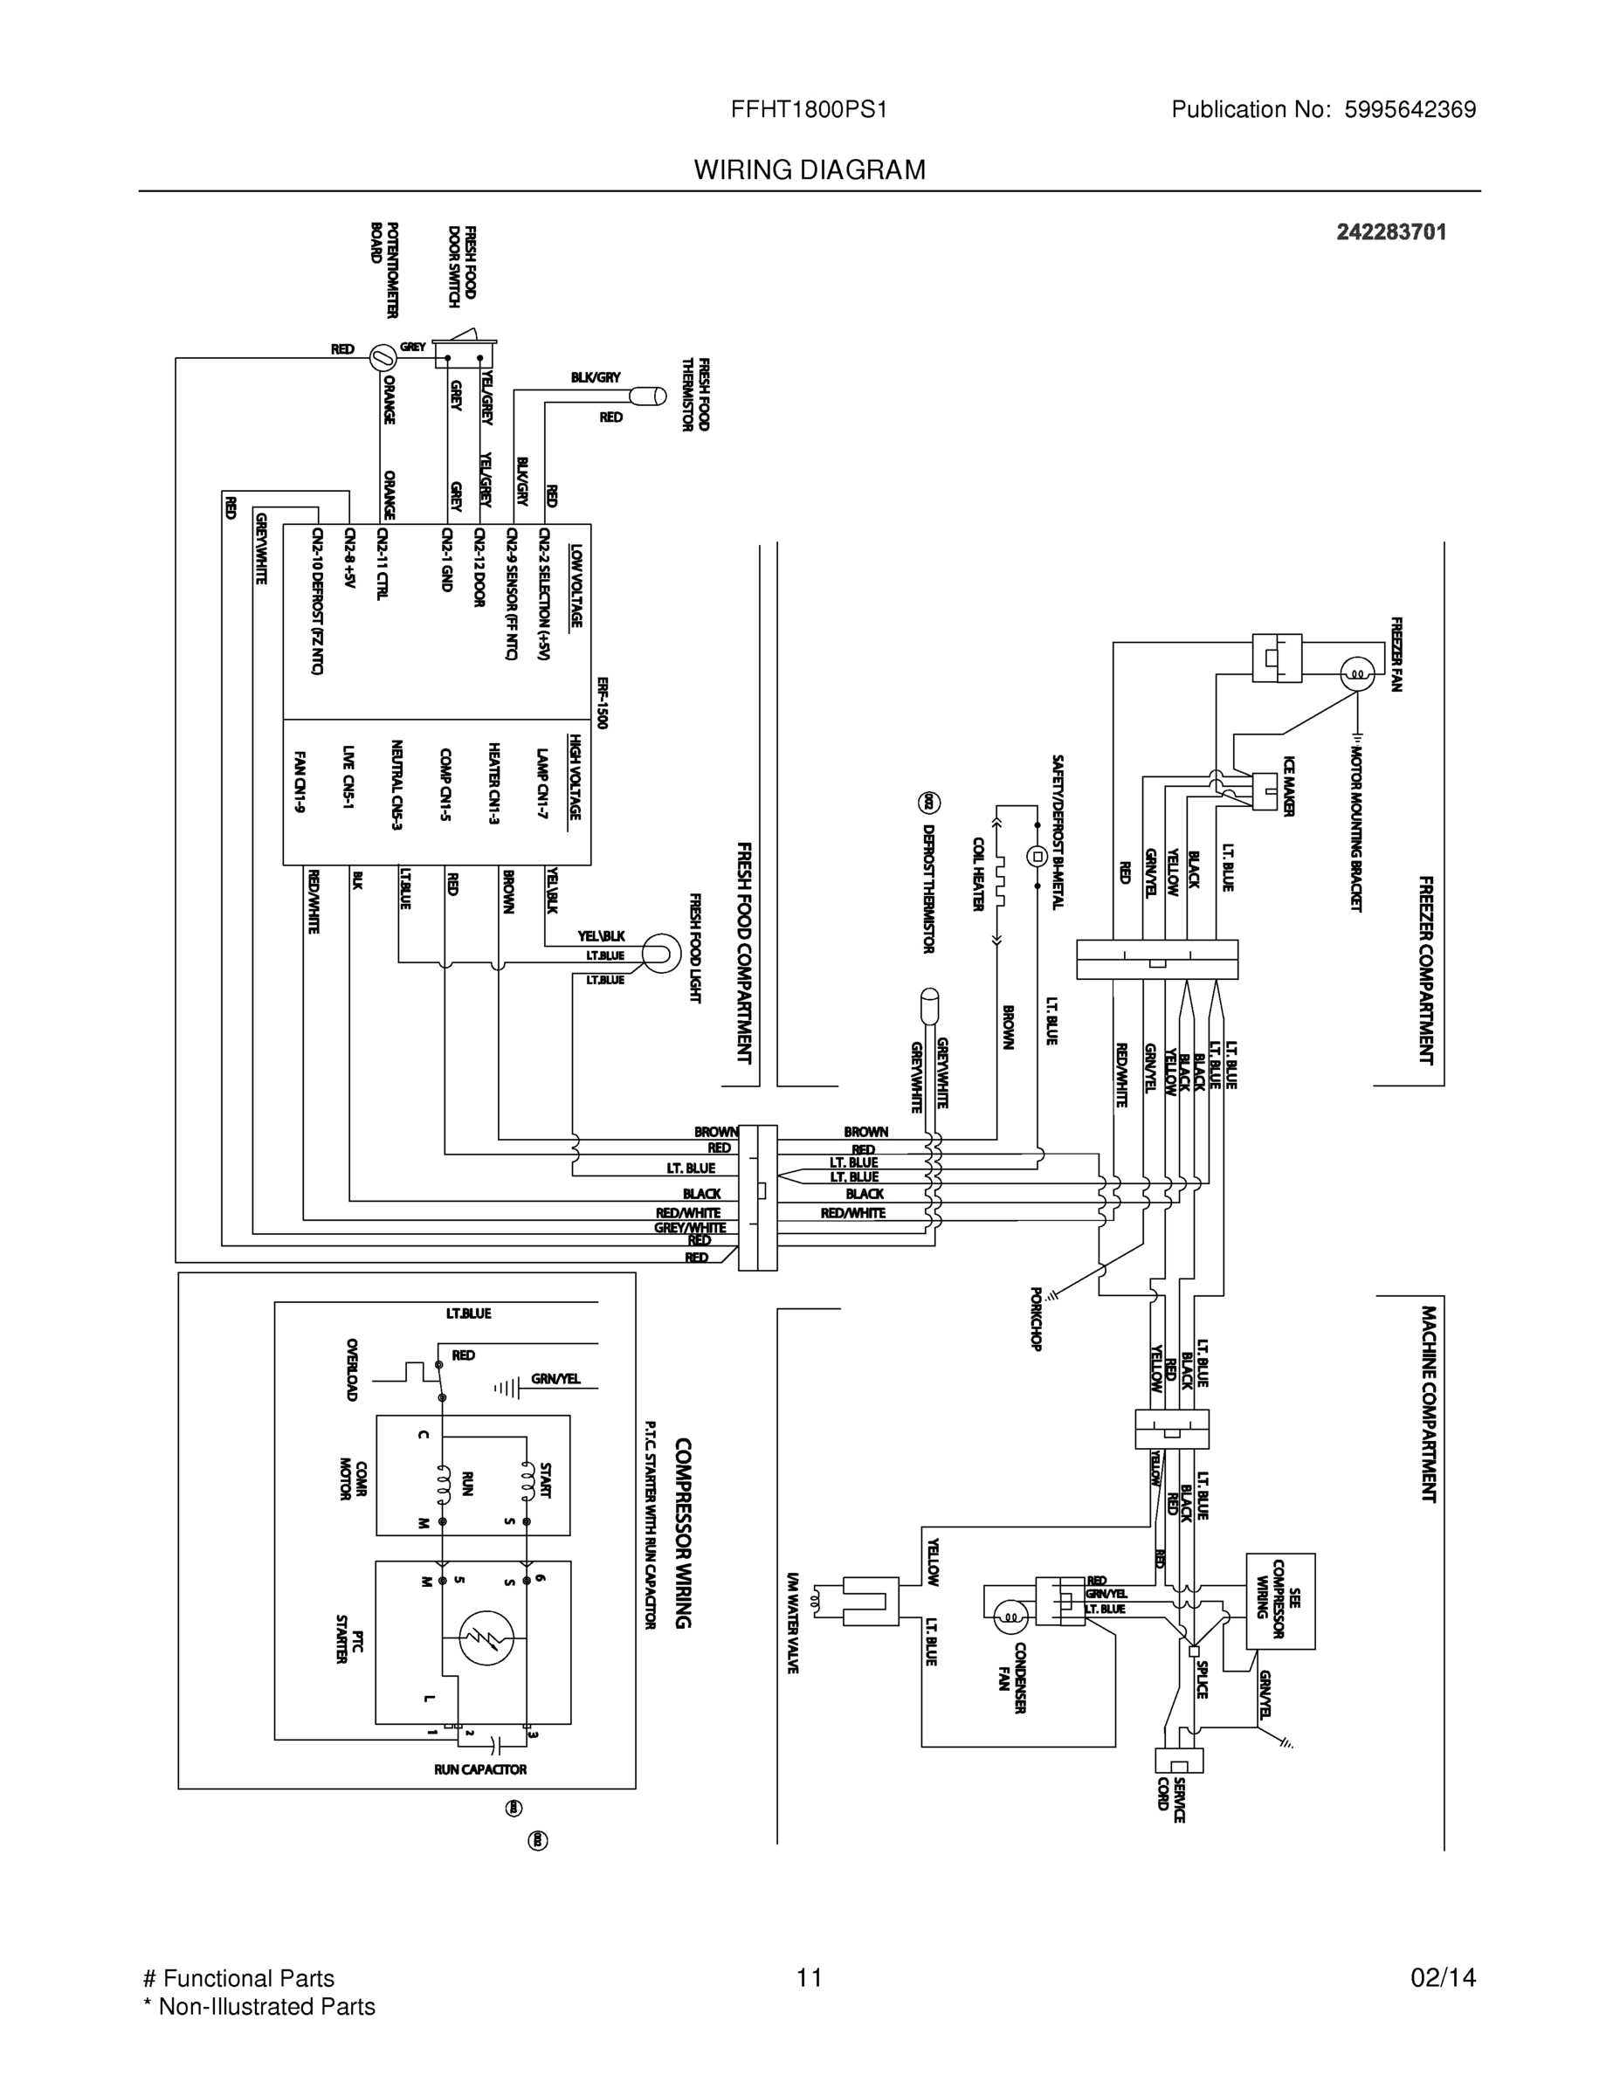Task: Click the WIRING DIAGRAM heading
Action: click(x=809, y=170)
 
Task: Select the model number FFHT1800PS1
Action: click(x=809, y=109)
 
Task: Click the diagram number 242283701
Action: click(x=1390, y=231)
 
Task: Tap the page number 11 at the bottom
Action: click(x=809, y=1977)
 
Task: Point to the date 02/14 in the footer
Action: click(x=1443, y=1977)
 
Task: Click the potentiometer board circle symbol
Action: click(x=382, y=357)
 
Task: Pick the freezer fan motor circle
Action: click(x=1357, y=673)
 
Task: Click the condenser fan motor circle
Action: click(x=1010, y=1619)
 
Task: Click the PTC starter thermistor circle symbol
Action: click(x=486, y=1638)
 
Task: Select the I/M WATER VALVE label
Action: click(x=793, y=1623)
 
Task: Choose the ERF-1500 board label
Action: click(x=602, y=702)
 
